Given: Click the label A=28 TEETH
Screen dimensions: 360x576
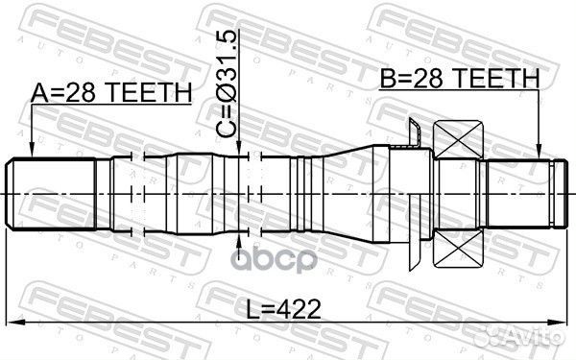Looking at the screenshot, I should click(111, 92).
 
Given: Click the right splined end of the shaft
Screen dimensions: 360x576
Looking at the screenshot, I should click(523, 193).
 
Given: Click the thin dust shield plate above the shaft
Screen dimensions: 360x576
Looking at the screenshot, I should click(414, 134).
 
